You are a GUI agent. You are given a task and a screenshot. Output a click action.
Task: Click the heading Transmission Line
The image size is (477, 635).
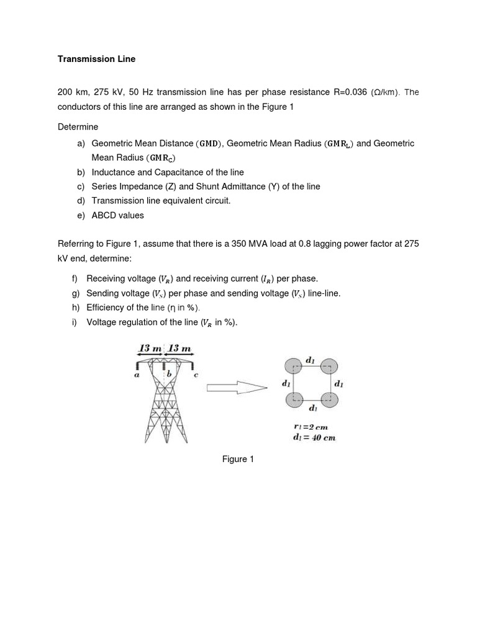pos(96,60)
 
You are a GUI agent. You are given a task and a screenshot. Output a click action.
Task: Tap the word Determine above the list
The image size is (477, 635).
pos(78,127)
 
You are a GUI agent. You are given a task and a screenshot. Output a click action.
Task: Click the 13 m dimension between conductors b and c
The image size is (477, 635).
pos(183,349)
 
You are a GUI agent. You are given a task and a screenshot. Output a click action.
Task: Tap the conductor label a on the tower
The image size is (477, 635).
pos(137,375)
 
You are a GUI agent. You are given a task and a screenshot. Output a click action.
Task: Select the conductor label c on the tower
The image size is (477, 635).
pos(197,375)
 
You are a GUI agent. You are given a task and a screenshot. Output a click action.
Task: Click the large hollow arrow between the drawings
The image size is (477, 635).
pos(237,388)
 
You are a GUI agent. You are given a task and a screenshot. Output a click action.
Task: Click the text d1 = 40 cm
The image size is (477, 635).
pos(314,437)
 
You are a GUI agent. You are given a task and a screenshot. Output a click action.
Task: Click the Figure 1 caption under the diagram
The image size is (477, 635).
pos(238,459)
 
